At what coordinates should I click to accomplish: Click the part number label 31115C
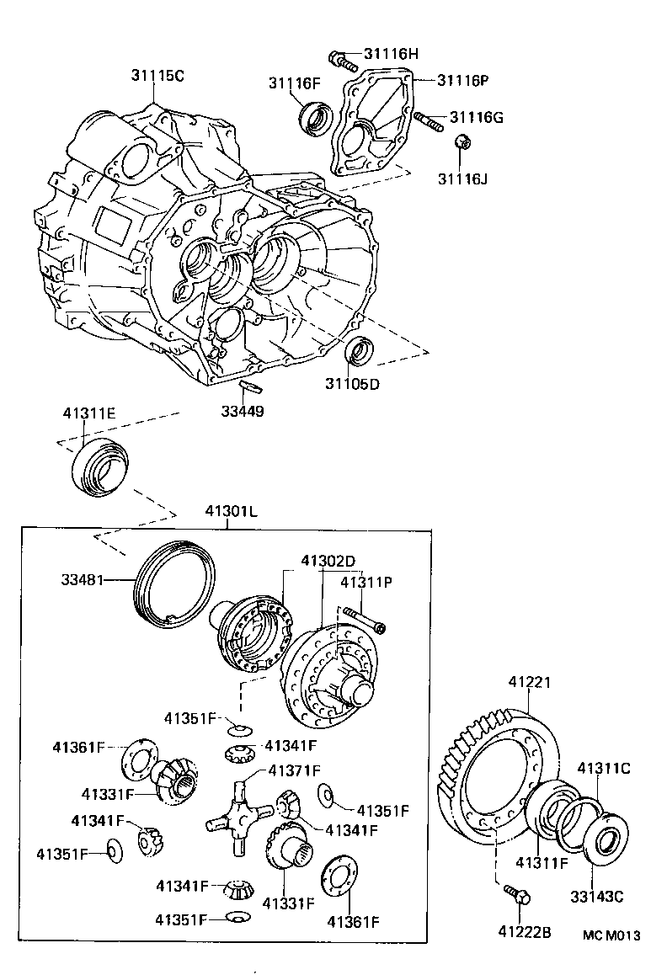click(x=157, y=76)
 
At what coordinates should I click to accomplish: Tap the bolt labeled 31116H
click(x=339, y=60)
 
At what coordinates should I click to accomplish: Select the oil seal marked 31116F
click(x=317, y=117)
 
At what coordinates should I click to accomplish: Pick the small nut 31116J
click(x=462, y=144)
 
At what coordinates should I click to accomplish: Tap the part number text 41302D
click(x=328, y=561)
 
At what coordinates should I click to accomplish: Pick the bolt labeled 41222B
click(x=515, y=895)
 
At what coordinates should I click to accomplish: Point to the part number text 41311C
click(x=603, y=768)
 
